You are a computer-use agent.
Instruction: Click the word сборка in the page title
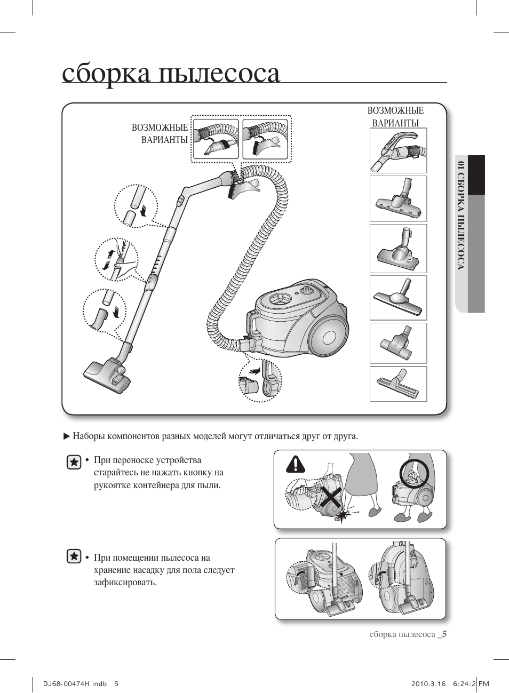pyautogui.click(x=106, y=74)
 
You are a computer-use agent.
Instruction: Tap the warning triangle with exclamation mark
pyautogui.click(x=295, y=464)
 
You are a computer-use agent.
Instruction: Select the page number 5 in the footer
pyautogui.click(x=444, y=634)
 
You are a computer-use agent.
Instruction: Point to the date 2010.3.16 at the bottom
pyautogui.click(x=428, y=684)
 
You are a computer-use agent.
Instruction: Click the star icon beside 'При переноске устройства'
pyautogui.click(x=74, y=462)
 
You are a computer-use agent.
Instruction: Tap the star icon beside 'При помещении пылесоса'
pyautogui.click(x=74, y=556)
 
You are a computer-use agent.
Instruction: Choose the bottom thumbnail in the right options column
pyautogui.click(x=398, y=384)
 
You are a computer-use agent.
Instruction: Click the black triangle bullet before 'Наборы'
pyautogui.click(x=67, y=436)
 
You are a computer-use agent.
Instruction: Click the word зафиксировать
pyautogui.click(x=125, y=582)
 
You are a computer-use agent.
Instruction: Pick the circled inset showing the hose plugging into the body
pyautogui.click(x=260, y=380)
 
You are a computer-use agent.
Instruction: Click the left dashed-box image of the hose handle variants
pyautogui.click(x=215, y=138)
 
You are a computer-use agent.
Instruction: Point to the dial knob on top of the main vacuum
pyautogui.click(x=306, y=290)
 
